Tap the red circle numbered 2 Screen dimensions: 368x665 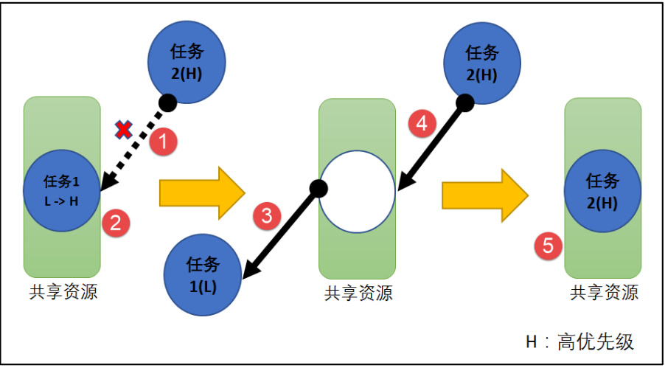(115, 222)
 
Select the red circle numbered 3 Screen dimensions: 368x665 (267, 216)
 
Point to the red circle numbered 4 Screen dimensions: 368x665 (421, 124)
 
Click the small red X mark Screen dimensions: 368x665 (124, 131)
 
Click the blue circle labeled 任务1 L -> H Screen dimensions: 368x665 (62, 190)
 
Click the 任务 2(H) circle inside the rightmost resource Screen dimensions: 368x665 (602, 191)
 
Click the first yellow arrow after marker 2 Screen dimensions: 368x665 (201, 193)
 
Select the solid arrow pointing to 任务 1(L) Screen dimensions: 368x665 (281, 232)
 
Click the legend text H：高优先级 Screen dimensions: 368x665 (579, 341)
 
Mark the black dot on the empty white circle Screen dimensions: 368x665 (318, 189)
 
